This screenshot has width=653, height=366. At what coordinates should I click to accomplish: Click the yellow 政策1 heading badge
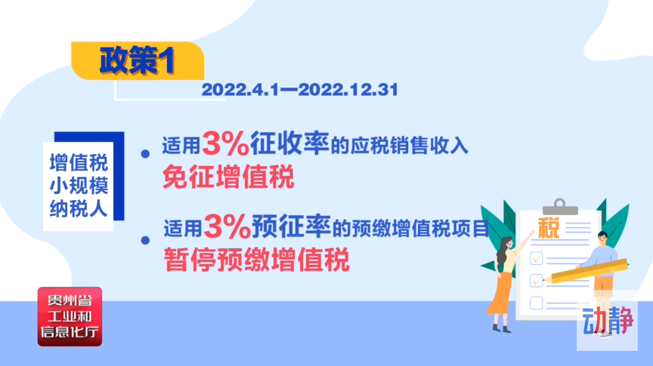point(138,60)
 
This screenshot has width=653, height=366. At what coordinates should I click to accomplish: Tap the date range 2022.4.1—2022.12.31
point(300,90)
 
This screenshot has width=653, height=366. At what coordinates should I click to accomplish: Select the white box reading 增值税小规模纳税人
point(79,186)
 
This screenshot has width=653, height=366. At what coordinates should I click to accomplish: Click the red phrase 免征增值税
point(228,177)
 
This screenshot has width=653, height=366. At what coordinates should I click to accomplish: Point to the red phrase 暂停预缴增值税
point(256,260)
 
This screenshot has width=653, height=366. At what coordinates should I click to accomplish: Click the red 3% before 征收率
point(225,144)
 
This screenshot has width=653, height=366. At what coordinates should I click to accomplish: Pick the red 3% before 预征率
point(227,226)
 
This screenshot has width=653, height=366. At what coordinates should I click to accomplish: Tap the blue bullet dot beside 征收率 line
point(145,154)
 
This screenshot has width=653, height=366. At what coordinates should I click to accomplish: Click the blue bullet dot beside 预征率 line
point(145,240)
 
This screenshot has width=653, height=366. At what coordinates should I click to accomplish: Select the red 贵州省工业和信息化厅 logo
point(70,316)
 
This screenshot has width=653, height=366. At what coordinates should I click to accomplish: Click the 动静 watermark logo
point(607,321)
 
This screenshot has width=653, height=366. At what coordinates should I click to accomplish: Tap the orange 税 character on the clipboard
point(549,228)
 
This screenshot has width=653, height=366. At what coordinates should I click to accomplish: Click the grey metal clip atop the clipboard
point(560,207)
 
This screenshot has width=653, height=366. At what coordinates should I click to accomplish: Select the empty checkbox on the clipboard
point(537,303)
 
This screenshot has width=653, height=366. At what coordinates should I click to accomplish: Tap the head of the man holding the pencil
point(602,238)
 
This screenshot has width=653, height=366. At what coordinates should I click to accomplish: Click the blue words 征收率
point(289,143)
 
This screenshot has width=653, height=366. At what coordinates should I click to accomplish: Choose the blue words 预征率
point(292,226)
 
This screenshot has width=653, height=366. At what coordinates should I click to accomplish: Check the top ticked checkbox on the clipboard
point(537,258)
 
